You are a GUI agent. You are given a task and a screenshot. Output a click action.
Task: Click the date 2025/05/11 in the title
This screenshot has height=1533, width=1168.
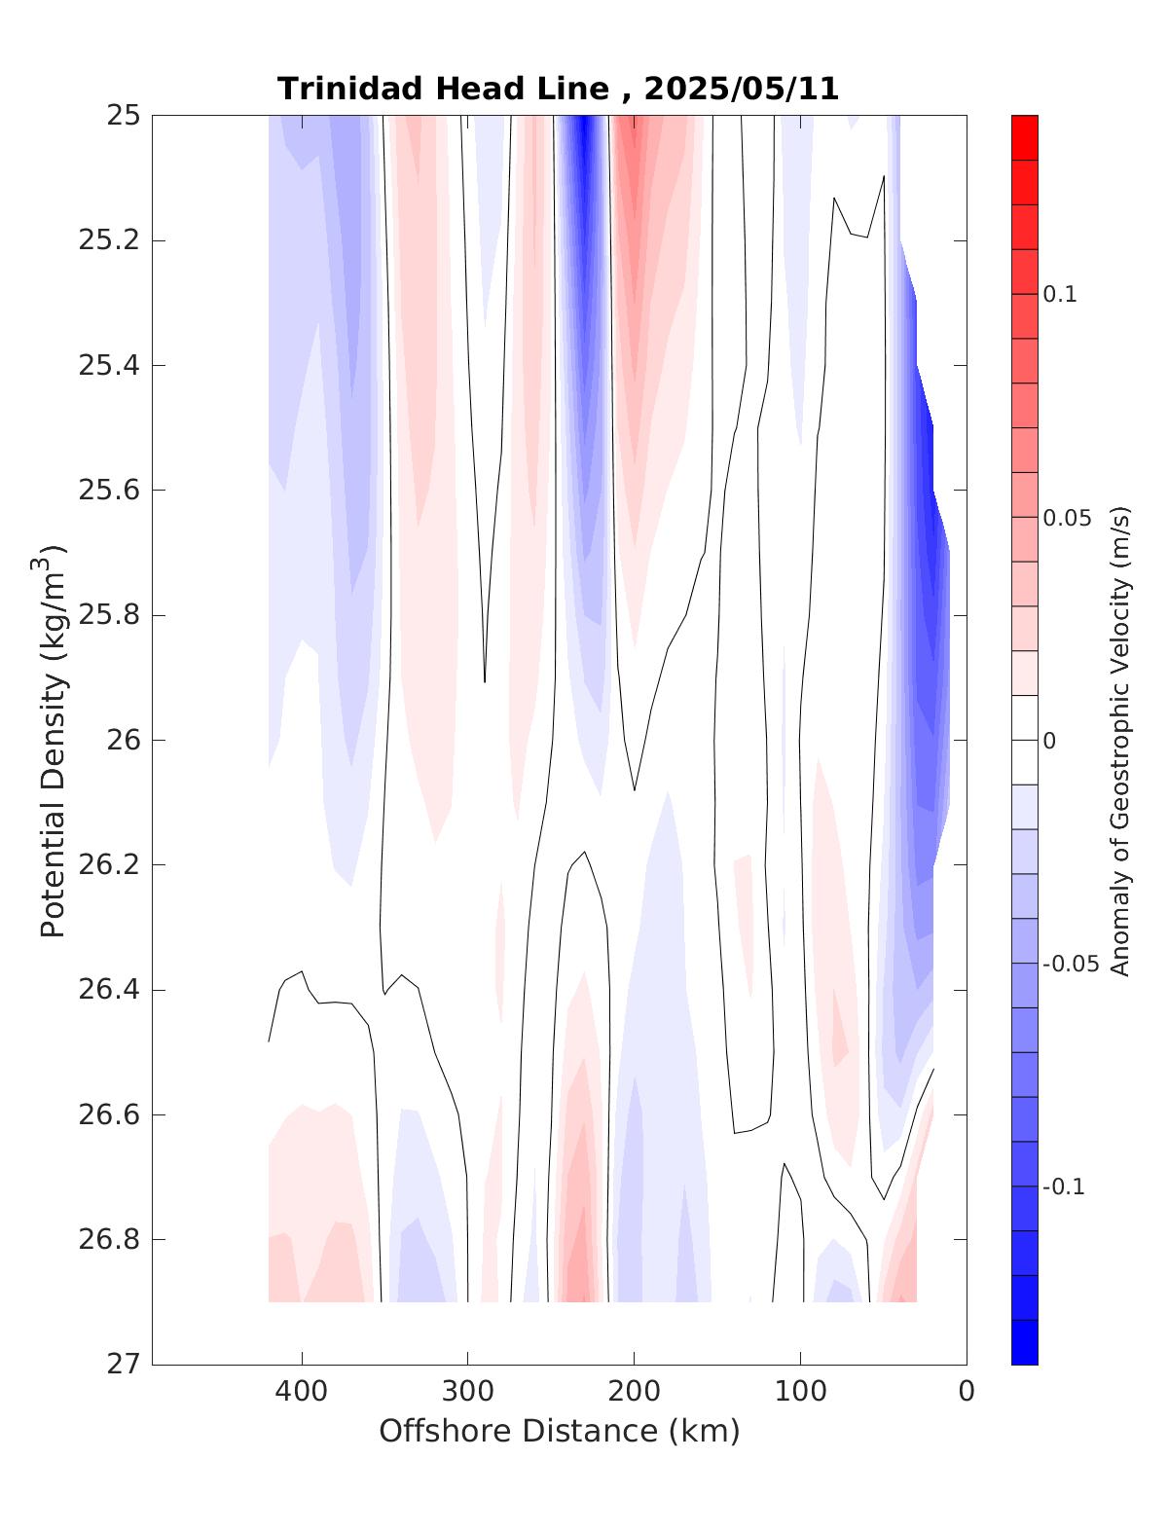(x=742, y=89)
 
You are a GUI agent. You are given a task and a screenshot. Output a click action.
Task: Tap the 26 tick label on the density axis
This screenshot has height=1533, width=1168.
(x=122, y=741)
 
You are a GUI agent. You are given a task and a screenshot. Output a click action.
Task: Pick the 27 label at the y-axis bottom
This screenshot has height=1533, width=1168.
(x=122, y=1365)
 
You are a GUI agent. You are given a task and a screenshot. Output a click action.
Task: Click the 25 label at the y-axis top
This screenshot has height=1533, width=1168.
(x=122, y=116)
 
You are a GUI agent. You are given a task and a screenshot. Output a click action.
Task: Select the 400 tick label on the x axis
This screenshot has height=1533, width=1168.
(x=302, y=1392)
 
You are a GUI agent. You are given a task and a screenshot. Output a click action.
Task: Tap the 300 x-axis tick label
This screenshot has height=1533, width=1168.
(x=467, y=1392)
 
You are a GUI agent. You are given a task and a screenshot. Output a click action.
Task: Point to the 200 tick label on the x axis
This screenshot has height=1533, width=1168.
(x=634, y=1392)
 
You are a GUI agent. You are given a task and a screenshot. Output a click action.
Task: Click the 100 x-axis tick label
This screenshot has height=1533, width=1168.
(x=800, y=1392)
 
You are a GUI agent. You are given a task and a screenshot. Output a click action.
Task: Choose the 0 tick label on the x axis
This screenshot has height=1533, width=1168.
(x=967, y=1392)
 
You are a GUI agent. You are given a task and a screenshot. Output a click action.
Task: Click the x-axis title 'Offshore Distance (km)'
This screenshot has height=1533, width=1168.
(x=560, y=1431)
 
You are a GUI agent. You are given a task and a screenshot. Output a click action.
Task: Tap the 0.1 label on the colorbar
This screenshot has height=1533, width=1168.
(x=1060, y=295)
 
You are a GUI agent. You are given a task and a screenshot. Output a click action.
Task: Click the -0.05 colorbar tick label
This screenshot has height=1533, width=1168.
(x=1070, y=965)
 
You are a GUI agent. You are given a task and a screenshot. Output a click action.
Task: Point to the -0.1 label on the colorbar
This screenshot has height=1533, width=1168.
(x=1064, y=1187)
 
